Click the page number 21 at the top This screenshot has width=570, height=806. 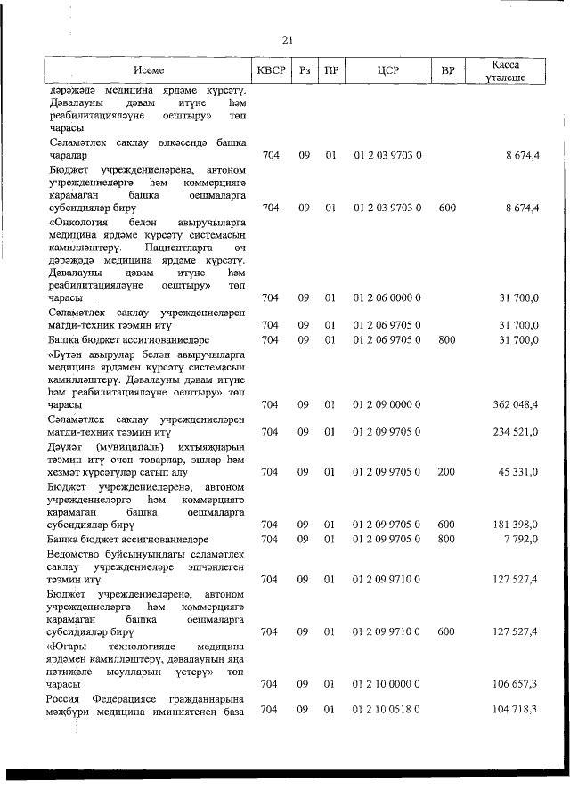coord(287,39)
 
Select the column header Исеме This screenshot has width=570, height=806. coord(149,69)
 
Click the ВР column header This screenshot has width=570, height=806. coord(447,69)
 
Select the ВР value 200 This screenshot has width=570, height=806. coord(447,472)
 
